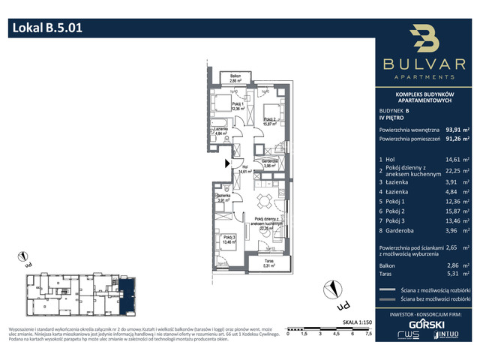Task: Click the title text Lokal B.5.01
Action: [46, 28]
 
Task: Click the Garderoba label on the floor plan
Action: [271, 163]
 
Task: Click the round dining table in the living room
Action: [262, 201]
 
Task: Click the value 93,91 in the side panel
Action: [454, 129]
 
